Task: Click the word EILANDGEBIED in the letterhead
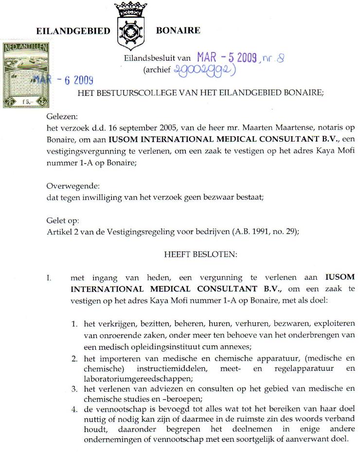[x=73, y=31]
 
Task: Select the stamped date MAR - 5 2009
[x=227, y=58]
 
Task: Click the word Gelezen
[x=62, y=117]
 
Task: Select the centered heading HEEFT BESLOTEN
[x=200, y=254]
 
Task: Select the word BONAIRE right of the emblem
[x=178, y=31]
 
